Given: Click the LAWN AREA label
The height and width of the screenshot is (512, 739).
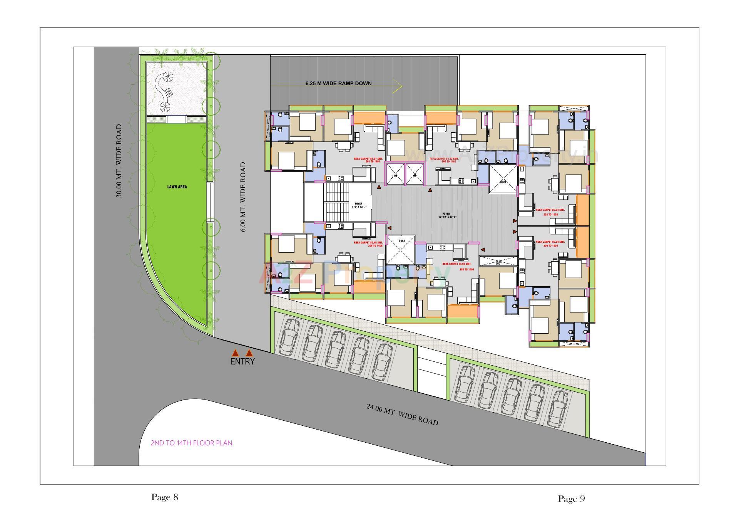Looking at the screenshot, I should pyautogui.click(x=177, y=187).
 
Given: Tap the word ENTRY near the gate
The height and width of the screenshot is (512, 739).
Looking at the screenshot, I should pyautogui.click(x=242, y=362).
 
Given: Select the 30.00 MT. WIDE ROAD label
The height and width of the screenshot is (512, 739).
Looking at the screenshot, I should pyautogui.click(x=119, y=161).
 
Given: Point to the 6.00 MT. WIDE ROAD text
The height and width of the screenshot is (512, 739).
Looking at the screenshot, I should pyautogui.click(x=243, y=196).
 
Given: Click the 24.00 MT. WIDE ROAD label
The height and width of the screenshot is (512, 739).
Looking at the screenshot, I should pyautogui.click(x=402, y=415).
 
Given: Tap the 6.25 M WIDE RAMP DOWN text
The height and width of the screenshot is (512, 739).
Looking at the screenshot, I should pyautogui.click(x=338, y=83).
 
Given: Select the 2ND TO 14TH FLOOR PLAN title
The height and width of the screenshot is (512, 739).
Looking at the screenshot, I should pyautogui.click(x=191, y=443).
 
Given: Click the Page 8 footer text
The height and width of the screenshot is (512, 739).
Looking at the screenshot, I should pyautogui.click(x=165, y=497).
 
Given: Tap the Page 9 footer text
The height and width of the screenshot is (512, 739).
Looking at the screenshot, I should pyautogui.click(x=571, y=499).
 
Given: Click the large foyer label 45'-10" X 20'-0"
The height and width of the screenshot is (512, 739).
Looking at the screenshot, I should pyautogui.click(x=446, y=215).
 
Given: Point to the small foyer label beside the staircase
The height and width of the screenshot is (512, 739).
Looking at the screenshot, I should pyautogui.click(x=359, y=205).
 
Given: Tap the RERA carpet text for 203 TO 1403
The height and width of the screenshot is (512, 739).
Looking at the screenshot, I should pyautogui.click(x=550, y=212).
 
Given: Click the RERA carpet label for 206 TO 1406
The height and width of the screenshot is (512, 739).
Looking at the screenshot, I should pyautogui.click(x=368, y=244).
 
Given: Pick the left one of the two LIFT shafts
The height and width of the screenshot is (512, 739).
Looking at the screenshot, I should pyautogui.click(x=395, y=174).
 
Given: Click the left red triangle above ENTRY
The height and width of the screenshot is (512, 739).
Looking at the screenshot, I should pyautogui.click(x=235, y=353).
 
